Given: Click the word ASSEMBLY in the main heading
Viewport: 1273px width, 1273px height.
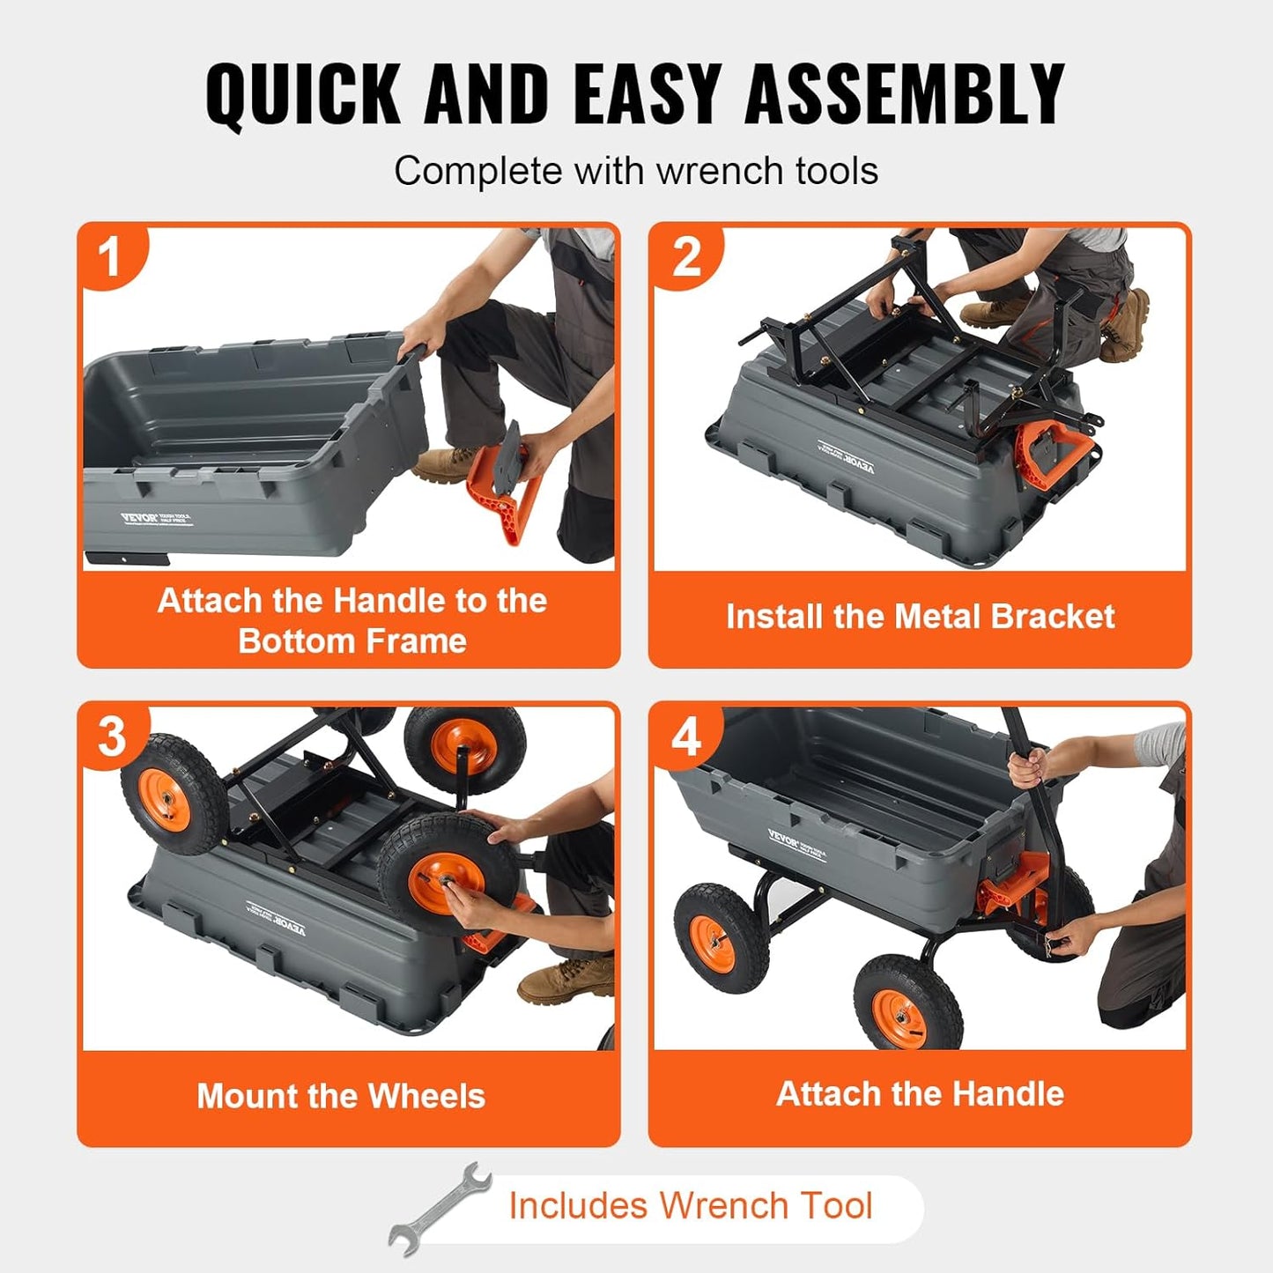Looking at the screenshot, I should pos(905,94).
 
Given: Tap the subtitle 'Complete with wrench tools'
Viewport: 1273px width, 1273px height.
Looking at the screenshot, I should pos(635,171).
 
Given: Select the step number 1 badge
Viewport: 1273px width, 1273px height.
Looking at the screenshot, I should pos(110,257).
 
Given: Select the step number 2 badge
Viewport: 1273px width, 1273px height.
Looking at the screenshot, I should pos(686,257).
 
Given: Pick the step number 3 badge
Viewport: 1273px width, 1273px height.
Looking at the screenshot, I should pos(112,736).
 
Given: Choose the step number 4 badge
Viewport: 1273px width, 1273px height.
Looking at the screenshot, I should pos(686,736).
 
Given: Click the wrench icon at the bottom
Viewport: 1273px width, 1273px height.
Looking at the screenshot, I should pos(440,1207).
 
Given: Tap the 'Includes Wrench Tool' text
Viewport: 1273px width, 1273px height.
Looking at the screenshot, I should pos(690,1205).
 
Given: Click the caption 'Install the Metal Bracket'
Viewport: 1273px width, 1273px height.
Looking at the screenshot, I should pos(920,617).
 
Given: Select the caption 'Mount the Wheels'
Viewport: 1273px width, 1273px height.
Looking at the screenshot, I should pos(341,1096).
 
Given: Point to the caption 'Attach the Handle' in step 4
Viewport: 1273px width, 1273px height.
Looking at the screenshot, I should pos(920,1094).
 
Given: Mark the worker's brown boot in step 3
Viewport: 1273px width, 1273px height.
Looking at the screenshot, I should pos(564,980).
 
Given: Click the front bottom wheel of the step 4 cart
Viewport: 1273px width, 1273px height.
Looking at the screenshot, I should pos(907,1004).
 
